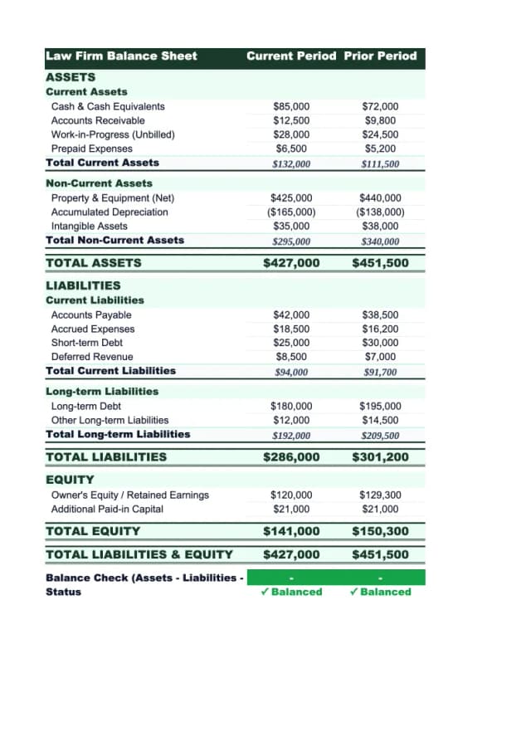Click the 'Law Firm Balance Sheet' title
click(121, 56)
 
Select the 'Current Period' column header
click(291, 56)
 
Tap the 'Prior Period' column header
click(380, 56)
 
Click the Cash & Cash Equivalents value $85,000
click(291, 106)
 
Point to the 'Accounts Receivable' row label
click(98, 120)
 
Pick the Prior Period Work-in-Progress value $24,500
click(380, 134)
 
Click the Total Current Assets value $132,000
click(291, 163)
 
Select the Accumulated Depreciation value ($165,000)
click(291, 212)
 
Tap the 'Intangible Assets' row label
click(90, 227)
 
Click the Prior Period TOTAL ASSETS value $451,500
click(380, 263)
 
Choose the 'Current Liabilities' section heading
click(95, 300)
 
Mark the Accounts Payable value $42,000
click(291, 315)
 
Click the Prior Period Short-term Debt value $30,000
click(380, 343)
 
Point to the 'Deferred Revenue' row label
click(92, 357)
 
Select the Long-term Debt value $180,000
click(291, 407)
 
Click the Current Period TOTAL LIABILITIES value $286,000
click(291, 457)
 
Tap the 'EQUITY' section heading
click(70, 480)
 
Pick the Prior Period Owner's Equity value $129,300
click(380, 495)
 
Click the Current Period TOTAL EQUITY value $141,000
click(291, 531)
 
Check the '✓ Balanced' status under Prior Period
click(380, 592)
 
